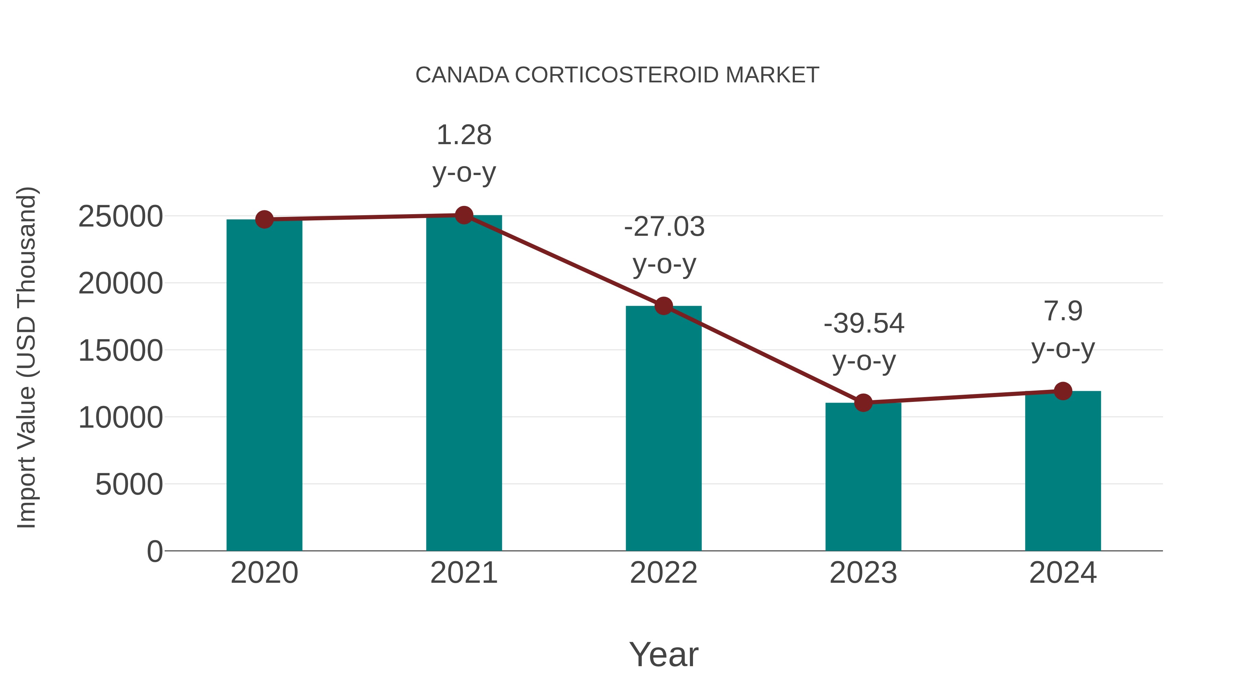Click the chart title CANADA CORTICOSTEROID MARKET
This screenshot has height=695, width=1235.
617,75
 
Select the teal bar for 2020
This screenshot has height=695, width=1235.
264,384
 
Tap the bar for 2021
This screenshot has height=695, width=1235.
463,384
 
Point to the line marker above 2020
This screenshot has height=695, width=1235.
264,219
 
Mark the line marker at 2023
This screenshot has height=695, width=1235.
863,403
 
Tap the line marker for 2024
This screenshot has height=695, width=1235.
1063,391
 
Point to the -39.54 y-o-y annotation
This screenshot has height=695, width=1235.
863,341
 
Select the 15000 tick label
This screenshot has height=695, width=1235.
120,351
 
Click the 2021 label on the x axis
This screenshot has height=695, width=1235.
463,573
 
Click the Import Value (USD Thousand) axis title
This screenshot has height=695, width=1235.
27,357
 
